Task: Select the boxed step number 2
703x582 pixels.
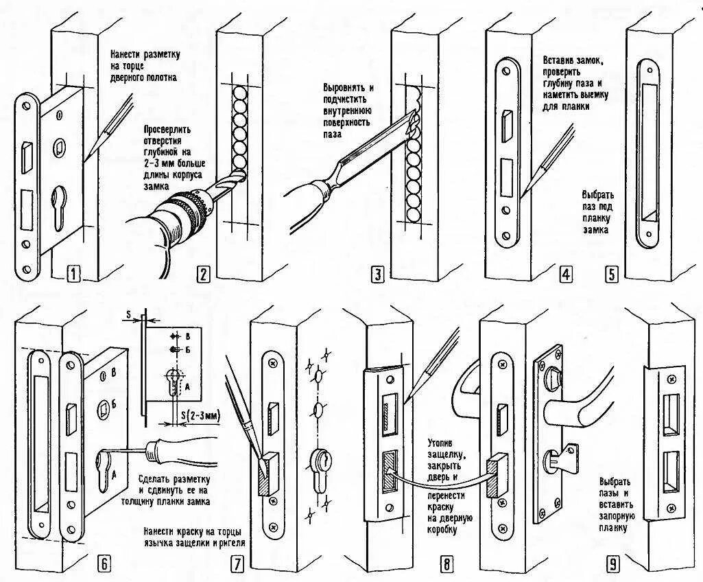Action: pos(203,275)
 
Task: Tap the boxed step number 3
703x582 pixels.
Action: pos(377,275)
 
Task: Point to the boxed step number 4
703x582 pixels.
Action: pos(565,275)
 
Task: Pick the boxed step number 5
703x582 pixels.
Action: pos(612,275)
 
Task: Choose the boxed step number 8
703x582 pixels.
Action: pos(446,564)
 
